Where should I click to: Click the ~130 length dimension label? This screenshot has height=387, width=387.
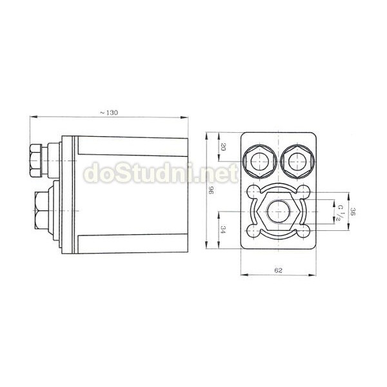109,112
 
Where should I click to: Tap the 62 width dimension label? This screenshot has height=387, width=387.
278,270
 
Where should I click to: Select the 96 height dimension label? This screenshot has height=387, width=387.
212,190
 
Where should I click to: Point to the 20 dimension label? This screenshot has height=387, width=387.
223,147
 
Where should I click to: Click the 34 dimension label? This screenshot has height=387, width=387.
223,230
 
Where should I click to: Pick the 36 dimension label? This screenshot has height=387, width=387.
353,212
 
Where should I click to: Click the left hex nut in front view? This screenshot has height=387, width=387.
259,161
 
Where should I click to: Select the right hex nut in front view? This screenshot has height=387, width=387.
297,161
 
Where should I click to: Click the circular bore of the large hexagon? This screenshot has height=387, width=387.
279,212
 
